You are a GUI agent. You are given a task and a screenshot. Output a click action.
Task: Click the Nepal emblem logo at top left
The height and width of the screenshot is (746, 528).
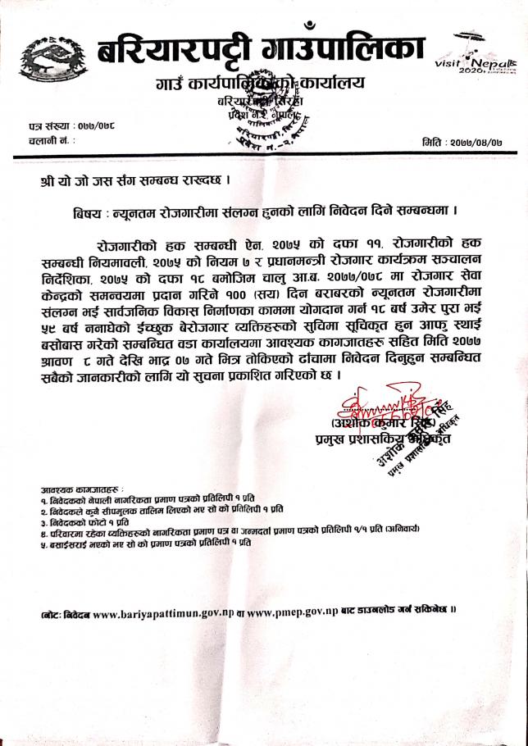[x=47, y=58]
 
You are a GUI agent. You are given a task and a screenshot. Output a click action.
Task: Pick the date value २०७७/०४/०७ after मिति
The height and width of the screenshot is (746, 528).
[x=478, y=142]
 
